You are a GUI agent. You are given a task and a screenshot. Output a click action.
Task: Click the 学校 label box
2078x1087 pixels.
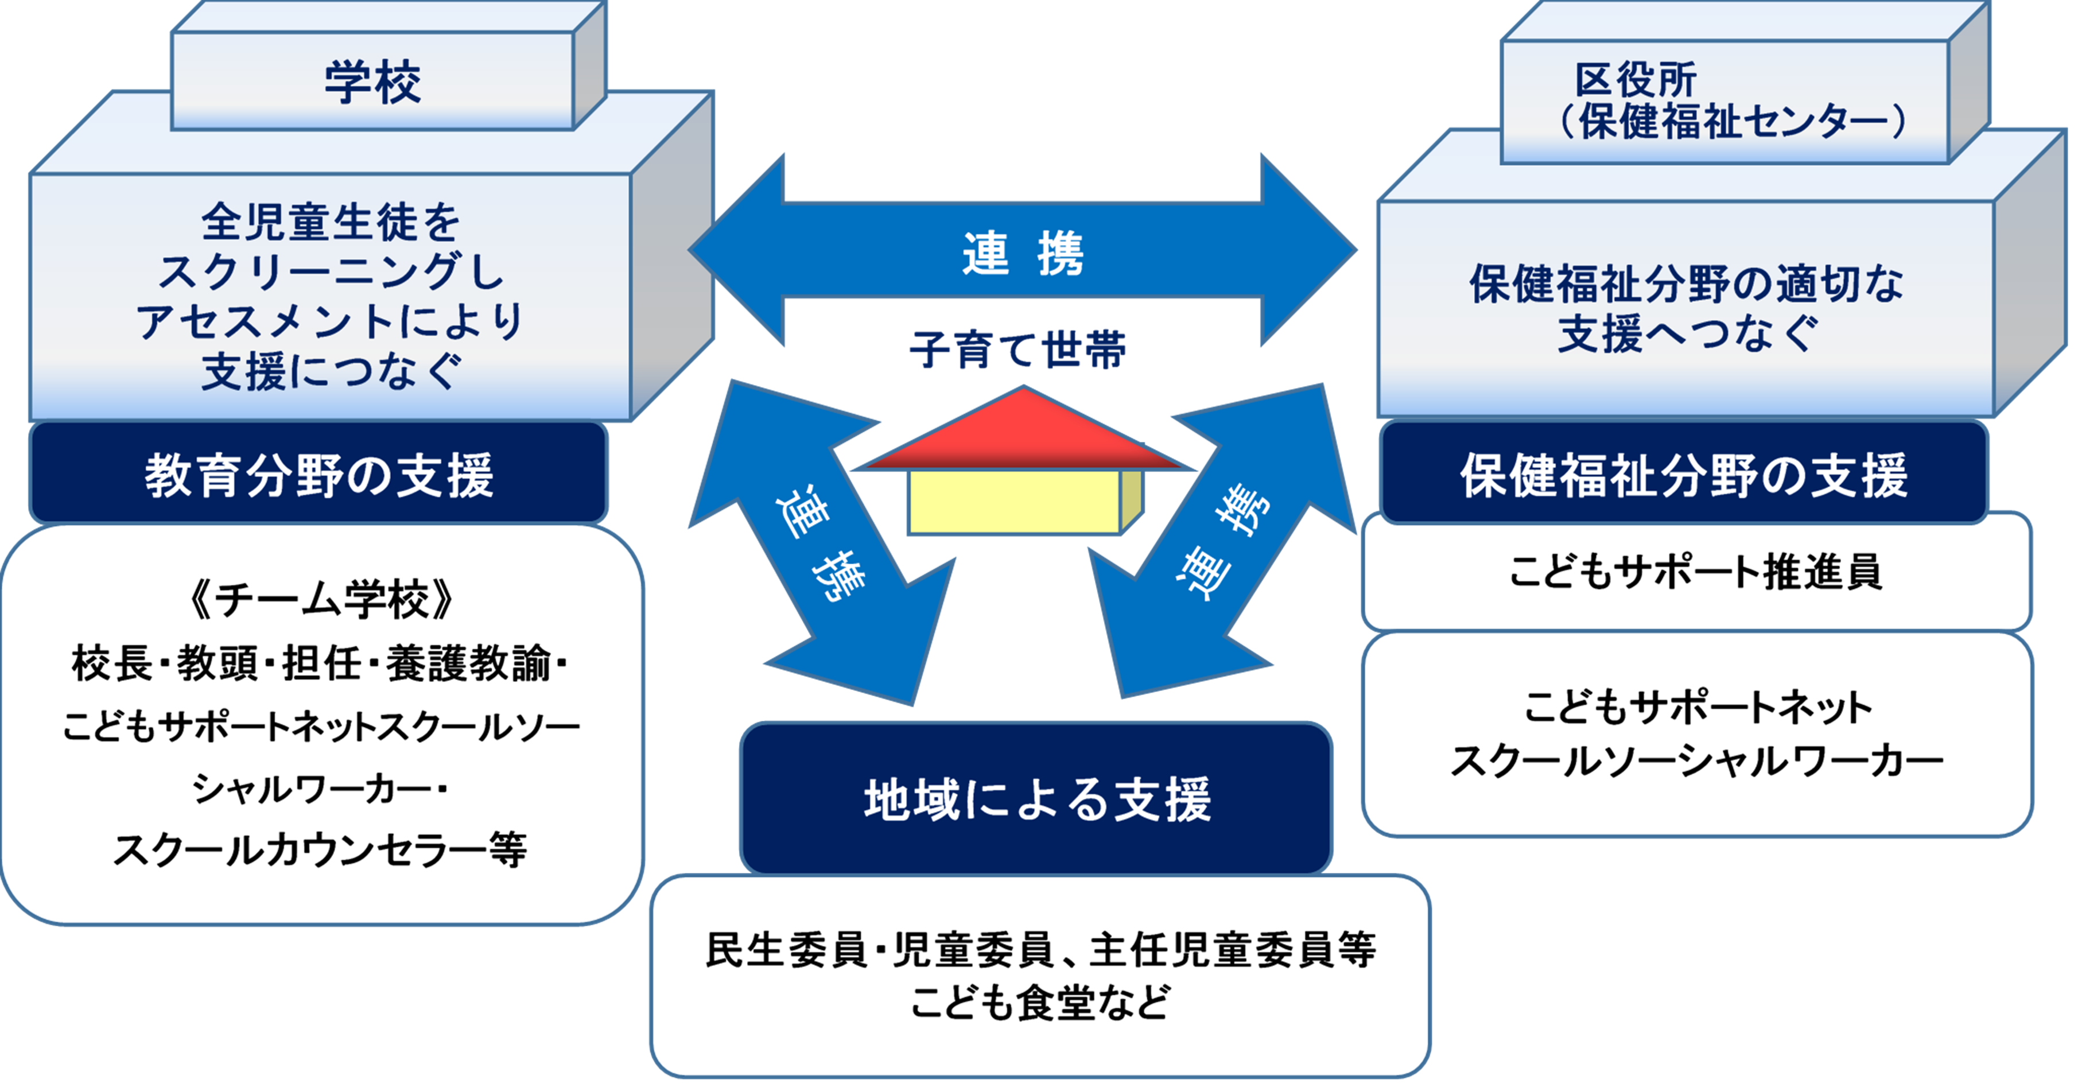tap(372, 81)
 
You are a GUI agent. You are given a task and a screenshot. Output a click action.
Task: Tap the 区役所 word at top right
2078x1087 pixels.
tap(1635, 80)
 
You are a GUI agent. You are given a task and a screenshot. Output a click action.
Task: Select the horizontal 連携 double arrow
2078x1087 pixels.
tap(1022, 251)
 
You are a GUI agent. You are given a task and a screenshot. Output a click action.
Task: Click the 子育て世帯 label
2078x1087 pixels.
tap(1018, 350)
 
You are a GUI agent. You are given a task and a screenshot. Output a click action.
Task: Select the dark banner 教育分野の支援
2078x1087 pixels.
tap(319, 475)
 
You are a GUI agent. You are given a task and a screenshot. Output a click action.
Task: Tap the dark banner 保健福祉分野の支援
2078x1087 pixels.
tap(1684, 475)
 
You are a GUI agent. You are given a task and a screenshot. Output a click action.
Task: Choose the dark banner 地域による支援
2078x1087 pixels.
tap(1036, 799)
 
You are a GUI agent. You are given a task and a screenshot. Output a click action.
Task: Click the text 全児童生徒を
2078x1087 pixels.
tap(331, 222)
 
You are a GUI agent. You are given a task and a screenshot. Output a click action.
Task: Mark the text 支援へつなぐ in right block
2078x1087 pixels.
tap(1688, 333)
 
